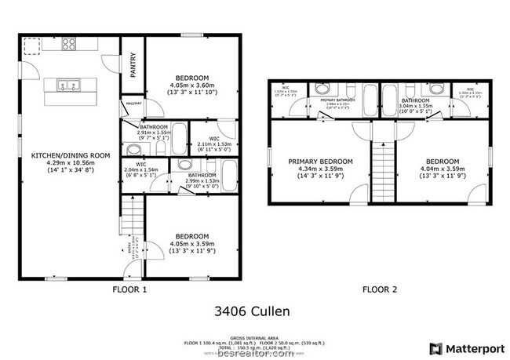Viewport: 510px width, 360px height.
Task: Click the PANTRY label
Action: (x=133, y=61)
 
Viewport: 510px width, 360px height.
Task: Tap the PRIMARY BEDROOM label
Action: (x=320, y=162)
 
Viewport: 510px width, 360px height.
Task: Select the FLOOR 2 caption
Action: (x=380, y=289)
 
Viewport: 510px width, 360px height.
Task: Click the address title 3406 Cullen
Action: (x=252, y=312)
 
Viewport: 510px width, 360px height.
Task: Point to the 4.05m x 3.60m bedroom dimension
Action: (x=192, y=85)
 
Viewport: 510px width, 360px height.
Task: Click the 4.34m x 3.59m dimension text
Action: (x=320, y=169)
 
